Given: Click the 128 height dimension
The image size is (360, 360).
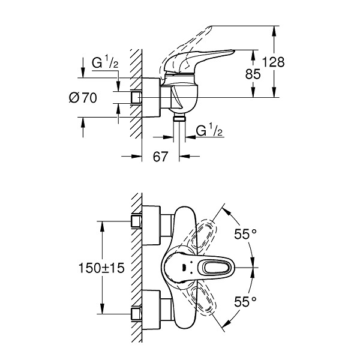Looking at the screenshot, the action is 273,62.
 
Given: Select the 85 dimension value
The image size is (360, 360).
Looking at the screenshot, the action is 253,74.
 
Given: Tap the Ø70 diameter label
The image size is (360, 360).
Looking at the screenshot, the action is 83,98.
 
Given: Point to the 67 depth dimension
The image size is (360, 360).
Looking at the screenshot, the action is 160,157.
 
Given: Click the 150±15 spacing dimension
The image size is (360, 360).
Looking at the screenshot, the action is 101,268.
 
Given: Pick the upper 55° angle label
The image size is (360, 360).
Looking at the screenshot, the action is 245,234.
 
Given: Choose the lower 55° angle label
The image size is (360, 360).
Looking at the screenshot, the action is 245,301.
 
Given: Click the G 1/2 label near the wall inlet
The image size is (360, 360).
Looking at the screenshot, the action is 105,62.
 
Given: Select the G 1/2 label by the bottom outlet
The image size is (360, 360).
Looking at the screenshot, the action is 209,130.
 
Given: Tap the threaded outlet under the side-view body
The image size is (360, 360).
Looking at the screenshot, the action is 179,117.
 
